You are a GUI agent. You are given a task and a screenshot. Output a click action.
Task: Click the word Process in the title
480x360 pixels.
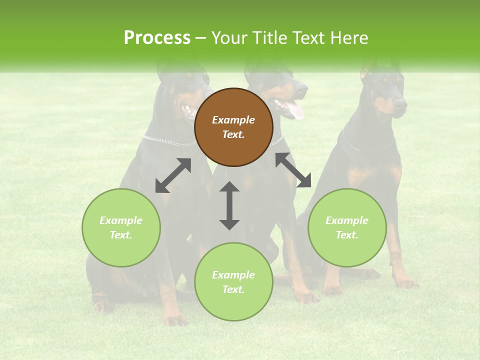coord(157,38)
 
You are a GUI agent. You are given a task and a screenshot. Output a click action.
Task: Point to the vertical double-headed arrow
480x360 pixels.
coord(229,205)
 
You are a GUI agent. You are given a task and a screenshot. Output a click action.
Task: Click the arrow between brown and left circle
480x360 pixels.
coord(173,175)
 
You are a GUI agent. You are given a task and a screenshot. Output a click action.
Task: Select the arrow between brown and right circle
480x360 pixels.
coord(293,170)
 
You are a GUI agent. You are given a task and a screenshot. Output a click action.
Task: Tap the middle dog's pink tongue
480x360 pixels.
coord(296,111)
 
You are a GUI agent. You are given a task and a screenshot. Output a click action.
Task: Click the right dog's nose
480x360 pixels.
coord(401,102)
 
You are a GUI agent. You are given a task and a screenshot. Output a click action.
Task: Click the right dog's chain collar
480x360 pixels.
coord(367,147)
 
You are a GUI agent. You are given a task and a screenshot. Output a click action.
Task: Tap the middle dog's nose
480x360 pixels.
coord(302,87)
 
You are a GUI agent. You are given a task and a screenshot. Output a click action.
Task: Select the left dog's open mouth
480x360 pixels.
coord(188,110)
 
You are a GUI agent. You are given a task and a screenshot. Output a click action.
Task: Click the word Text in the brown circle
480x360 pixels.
coord(233,134)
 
